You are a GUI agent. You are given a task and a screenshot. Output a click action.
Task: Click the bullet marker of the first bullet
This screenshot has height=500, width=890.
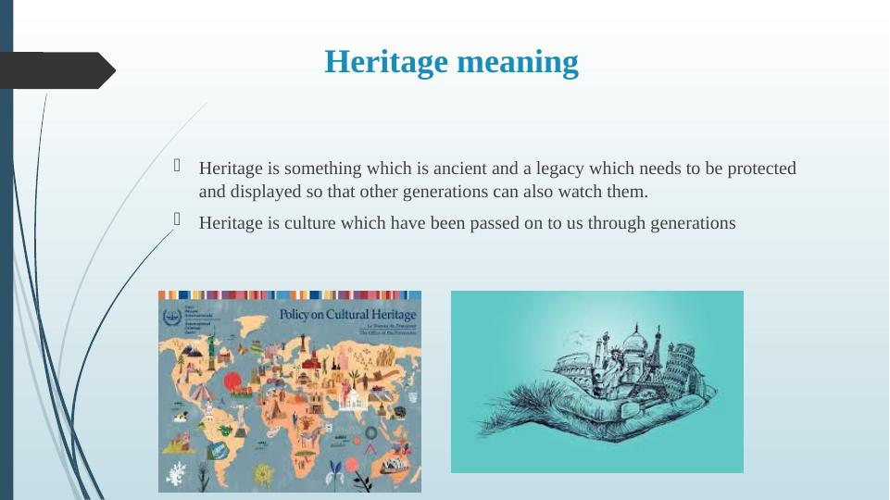(x=178, y=168)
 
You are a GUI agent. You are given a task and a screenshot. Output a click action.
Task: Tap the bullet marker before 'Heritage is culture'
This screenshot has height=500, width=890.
(x=178, y=220)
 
